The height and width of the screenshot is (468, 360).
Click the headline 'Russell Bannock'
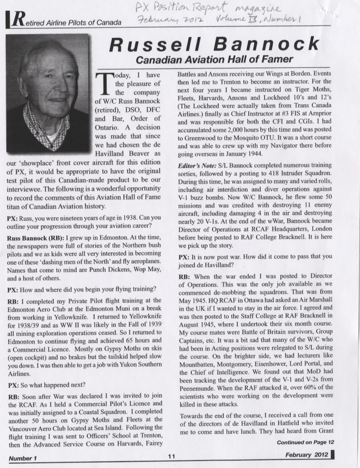[x=215, y=44]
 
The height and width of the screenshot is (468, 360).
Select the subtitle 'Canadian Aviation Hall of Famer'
[x=214, y=59]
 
